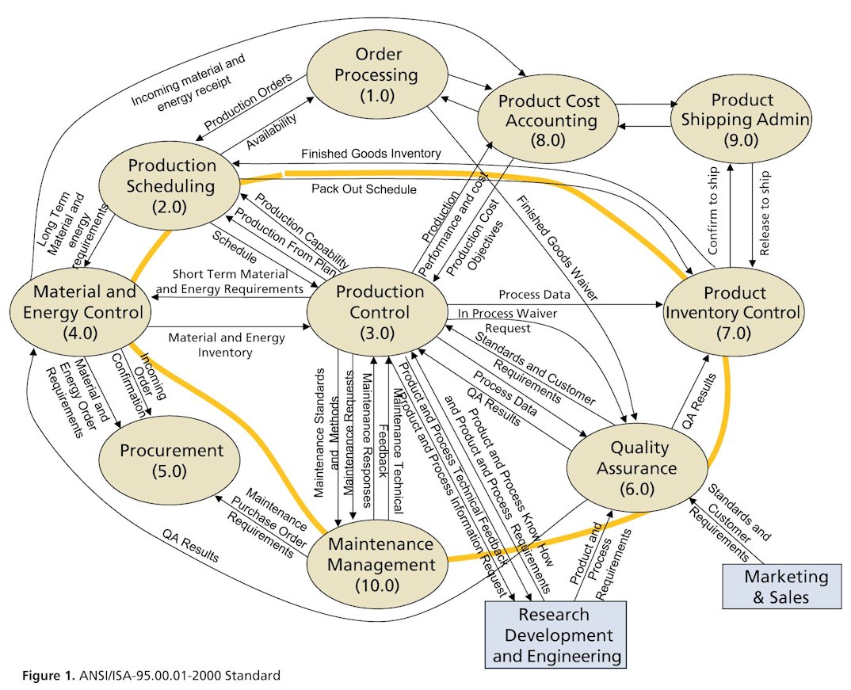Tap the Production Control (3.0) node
[380, 312]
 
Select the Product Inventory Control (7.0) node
[732, 312]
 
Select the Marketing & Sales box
[780, 586]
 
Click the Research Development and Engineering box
[554, 635]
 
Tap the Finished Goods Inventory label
[371, 152]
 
